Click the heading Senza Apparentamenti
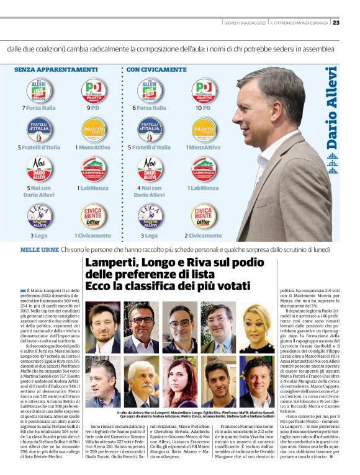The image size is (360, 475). point(55,69)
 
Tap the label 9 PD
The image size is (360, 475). point(94,107)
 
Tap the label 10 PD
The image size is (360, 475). point(204,107)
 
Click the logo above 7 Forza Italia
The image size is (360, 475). point(39,91)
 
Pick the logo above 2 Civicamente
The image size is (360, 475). point(204,216)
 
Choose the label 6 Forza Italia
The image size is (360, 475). point(149,107)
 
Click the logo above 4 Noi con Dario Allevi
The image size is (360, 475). point(150,169)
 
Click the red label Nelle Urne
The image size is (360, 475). point(39,249)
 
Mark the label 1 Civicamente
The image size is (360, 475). point(94,236)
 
